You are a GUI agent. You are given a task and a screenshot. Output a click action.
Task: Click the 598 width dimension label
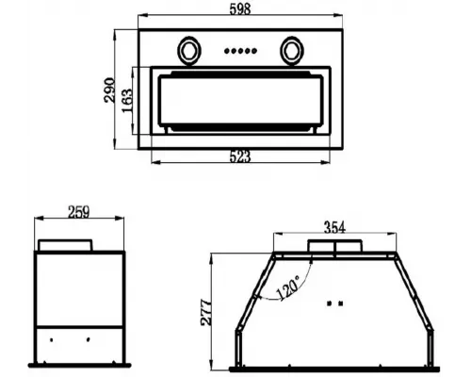pyautogui.click(x=240, y=8)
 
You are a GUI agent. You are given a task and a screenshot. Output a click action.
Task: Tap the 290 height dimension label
pyautogui.click(x=109, y=90)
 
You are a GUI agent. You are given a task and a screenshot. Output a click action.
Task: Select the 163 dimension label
pyautogui.click(x=127, y=101)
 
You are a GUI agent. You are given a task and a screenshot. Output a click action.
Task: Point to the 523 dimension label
pyautogui.click(x=240, y=156)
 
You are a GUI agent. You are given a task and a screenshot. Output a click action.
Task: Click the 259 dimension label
pyautogui.click(x=79, y=212)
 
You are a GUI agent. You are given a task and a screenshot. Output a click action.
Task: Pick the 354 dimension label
pyautogui.click(x=334, y=227)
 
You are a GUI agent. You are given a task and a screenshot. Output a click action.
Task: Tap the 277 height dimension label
pyautogui.click(x=206, y=312)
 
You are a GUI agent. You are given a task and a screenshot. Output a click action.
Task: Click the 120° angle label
pyautogui.click(x=288, y=288)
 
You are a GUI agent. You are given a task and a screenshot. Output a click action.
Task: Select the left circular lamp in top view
pyautogui.click(x=189, y=51)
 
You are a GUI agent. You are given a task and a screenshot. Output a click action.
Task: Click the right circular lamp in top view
pyautogui.click(x=292, y=51)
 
